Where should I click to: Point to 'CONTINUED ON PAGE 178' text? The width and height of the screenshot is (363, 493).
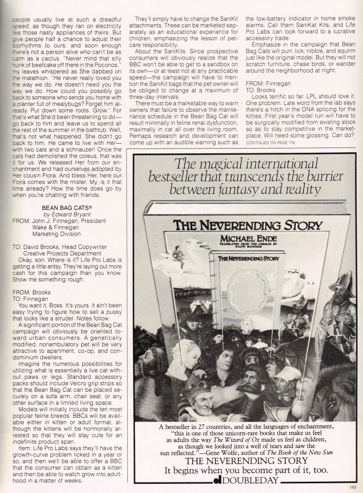[x=273, y=143]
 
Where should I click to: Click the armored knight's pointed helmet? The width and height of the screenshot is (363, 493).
[x=341, y=281]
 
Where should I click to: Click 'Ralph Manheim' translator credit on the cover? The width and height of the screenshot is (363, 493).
[x=247, y=250]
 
